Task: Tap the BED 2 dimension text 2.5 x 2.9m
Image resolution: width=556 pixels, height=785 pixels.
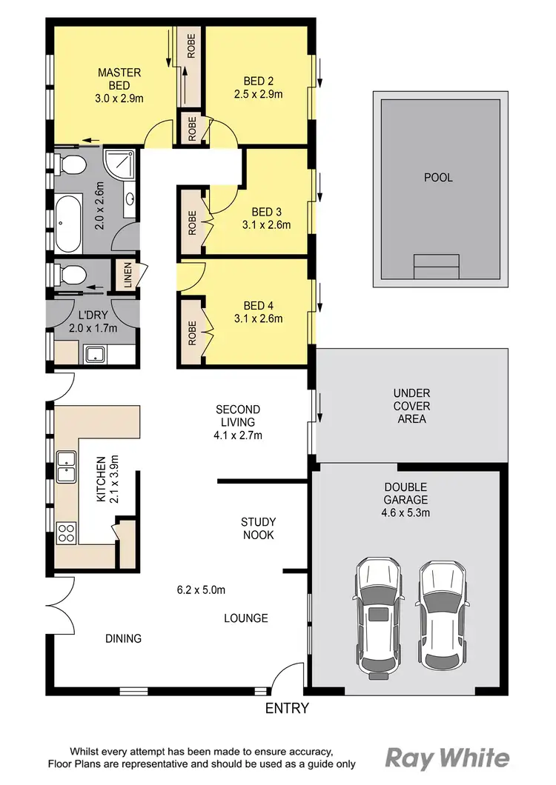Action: (x=263, y=94)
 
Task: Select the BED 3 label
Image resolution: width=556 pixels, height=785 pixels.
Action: (x=266, y=212)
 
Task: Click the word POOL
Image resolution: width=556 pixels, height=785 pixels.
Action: (x=438, y=178)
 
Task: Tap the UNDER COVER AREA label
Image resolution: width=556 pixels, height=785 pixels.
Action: (x=412, y=406)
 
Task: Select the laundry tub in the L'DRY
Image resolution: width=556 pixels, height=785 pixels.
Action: (x=95, y=354)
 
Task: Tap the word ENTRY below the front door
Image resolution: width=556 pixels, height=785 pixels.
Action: (x=287, y=709)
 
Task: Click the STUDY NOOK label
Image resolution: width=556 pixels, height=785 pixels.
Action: (x=258, y=528)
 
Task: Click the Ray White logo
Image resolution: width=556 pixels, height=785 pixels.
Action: (x=447, y=758)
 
